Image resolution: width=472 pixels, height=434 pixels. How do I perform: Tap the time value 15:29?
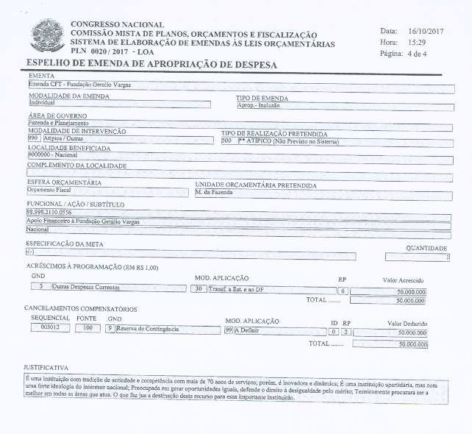point(415,43)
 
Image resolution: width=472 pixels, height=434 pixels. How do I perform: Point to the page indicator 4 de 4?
point(423,54)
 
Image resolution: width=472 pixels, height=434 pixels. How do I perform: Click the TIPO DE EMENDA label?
point(262,98)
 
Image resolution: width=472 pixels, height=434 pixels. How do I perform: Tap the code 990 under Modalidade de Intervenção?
point(33,138)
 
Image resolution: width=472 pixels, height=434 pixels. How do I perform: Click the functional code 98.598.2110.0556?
point(54,211)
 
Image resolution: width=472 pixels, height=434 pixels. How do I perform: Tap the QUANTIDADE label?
point(426,248)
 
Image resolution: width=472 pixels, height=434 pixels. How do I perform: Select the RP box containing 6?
point(342,291)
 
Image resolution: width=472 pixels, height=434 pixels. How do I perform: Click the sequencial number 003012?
point(45,328)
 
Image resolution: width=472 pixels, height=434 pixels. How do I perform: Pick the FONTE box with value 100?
point(87,328)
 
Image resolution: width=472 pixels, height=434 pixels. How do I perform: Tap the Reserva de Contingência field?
point(148,329)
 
